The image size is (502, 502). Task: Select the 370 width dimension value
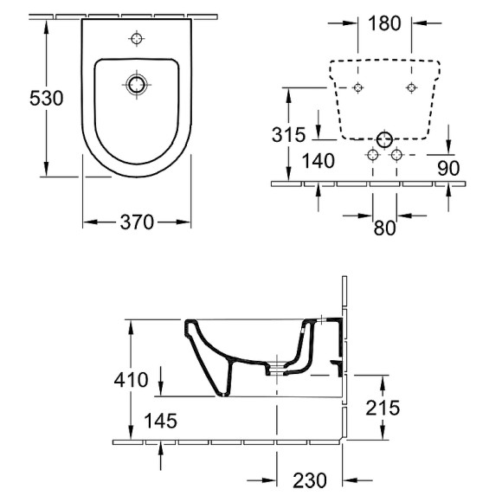pos(137,222)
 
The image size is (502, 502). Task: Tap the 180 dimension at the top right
pos(385,23)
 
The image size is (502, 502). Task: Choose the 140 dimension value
pos(319,160)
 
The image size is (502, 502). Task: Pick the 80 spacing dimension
pos(384,228)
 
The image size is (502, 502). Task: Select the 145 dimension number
pos(161,421)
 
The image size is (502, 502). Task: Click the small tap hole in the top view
pos(136,38)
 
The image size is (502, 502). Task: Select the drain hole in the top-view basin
pos(136,84)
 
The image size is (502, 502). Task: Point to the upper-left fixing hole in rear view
pos(358,87)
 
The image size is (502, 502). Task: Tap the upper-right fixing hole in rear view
pos(410,87)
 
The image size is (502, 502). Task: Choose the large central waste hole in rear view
pos(384,138)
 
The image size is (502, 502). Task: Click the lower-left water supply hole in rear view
pos(372,154)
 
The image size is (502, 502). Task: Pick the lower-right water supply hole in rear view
pos(397,154)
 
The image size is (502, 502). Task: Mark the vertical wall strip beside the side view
pos(344,364)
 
